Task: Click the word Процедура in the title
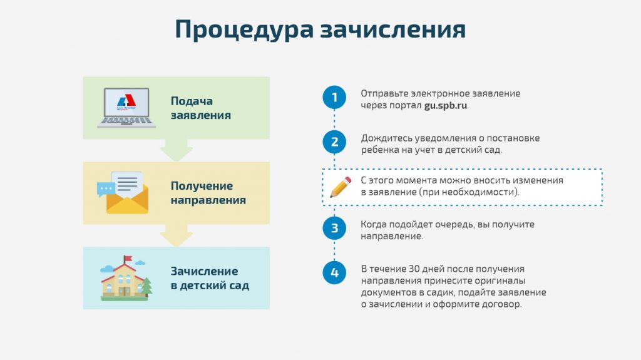(244, 30)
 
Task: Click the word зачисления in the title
(393, 30)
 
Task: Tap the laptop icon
(126, 108)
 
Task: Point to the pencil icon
(341, 187)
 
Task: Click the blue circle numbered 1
(334, 98)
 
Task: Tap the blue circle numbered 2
(334, 142)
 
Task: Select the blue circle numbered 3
(334, 228)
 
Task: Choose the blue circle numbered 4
(334, 272)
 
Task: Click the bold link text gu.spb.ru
(446, 106)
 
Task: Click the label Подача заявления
(201, 108)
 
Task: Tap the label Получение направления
(208, 193)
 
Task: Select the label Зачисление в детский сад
(210, 278)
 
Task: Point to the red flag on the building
(128, 259)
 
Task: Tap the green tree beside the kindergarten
(146, 286)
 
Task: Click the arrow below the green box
(176, 150)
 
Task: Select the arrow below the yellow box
(176, 235)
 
